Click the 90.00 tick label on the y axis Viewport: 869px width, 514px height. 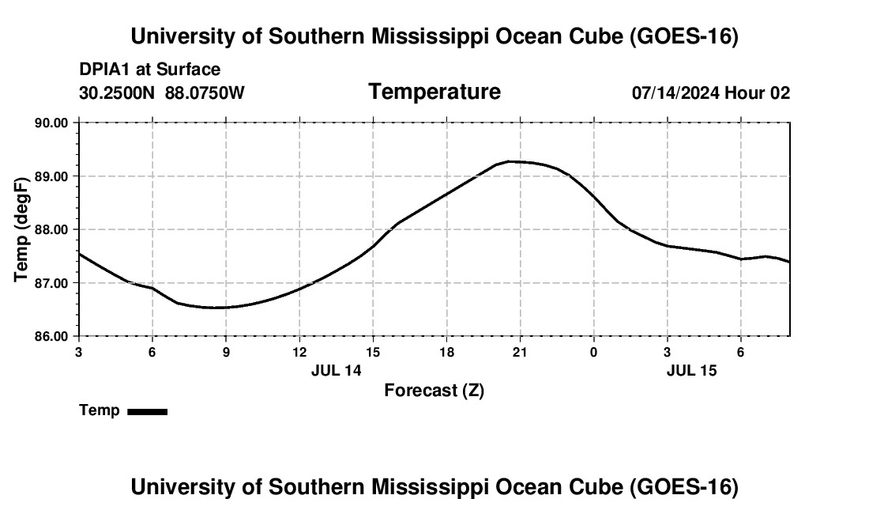tap(51, 123)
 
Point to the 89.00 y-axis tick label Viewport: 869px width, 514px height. tap(51, 176)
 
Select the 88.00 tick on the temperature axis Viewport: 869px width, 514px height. tap(51, 229)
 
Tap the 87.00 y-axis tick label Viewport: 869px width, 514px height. tap(51, 283)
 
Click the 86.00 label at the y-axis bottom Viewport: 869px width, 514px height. tap(51, 337)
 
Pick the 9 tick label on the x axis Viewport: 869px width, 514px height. tap(226, 352)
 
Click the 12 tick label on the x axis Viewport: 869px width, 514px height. tap(300, 352)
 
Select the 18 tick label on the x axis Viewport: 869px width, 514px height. tap(446, 352)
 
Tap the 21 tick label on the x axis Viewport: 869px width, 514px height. tap(520, 352)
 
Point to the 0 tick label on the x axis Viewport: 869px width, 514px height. tap(593, 352)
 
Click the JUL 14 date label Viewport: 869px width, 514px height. tap(337, 370)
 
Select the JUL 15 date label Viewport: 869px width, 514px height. tap(692, 370)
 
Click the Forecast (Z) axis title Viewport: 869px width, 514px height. tap(434, 391)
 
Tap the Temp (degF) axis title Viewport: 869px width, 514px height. tap(21, 229)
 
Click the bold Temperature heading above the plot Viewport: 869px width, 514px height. tap(434, 92)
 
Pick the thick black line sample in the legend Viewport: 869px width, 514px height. tap(148, 412)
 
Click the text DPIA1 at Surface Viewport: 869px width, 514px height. tap(149, 70)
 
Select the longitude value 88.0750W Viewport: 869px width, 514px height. tap(205, 93)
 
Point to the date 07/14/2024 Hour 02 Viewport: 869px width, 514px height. tap(711, 93)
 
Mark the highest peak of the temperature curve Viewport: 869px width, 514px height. tap(510, 161)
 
